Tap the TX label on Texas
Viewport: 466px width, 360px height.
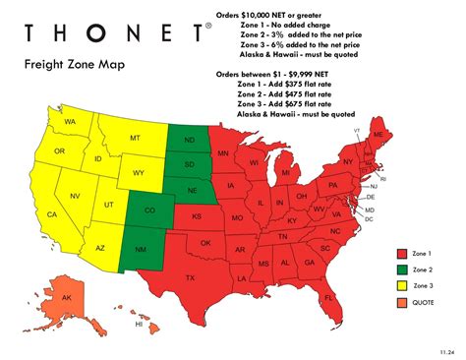(190, 278)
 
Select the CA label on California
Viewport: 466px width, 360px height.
(53, 213)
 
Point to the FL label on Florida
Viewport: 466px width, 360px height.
(329, 296)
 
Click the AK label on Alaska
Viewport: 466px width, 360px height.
(66, 297)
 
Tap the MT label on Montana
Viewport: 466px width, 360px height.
(134, 141)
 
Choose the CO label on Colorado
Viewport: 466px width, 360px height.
(148, 210)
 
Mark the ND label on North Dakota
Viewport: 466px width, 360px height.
(188, 139)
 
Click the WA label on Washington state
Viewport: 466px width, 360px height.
(70, 122)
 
